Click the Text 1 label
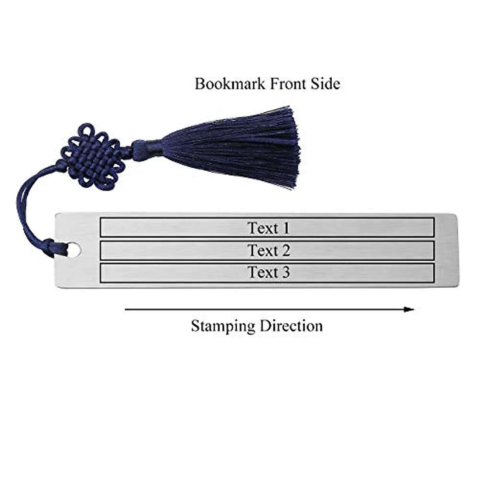pos(268,228)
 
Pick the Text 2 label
pos(268,251)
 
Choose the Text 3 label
pos(268,273)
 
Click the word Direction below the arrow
pos(291,326)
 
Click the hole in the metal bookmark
pos(74,250)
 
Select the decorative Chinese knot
pos(93,156)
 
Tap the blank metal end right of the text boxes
pos(446,251)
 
